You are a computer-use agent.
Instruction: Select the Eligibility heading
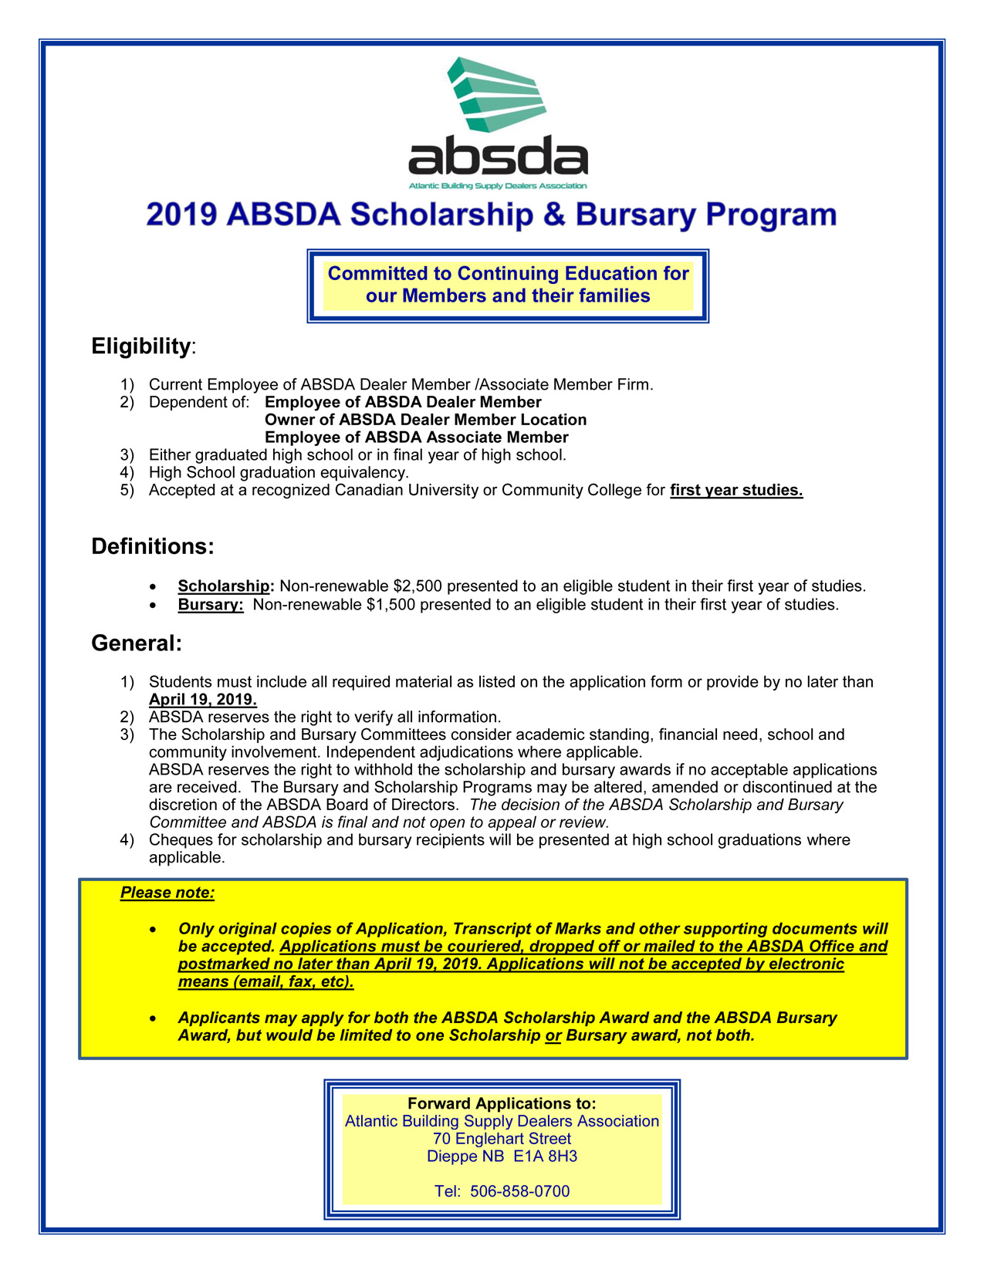tap(140, 346)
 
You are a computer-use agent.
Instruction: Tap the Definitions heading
tap(152, 547)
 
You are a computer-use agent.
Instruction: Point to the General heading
tap(136, 643)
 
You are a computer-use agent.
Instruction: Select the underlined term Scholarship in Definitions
tap(224, 586)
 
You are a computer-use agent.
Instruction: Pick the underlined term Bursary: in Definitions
tap(211, 605)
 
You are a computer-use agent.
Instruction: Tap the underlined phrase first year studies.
tap(736, 491)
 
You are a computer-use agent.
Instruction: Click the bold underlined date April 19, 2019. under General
tap(202, 700)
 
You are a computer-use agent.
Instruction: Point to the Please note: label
tap(167, 893)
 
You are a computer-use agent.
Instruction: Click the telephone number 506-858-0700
tap(519, 1192)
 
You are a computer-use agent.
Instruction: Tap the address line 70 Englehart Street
tap(502, 1139)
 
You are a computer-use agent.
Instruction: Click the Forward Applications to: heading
tap(502, 1104)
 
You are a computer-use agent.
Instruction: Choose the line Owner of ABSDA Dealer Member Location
tap(425, 420)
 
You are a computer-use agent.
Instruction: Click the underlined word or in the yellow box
tap(553, 1036)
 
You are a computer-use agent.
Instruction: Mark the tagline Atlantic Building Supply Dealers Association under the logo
tap(498, 186)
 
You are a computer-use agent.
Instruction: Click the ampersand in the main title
tap(554, 214)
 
